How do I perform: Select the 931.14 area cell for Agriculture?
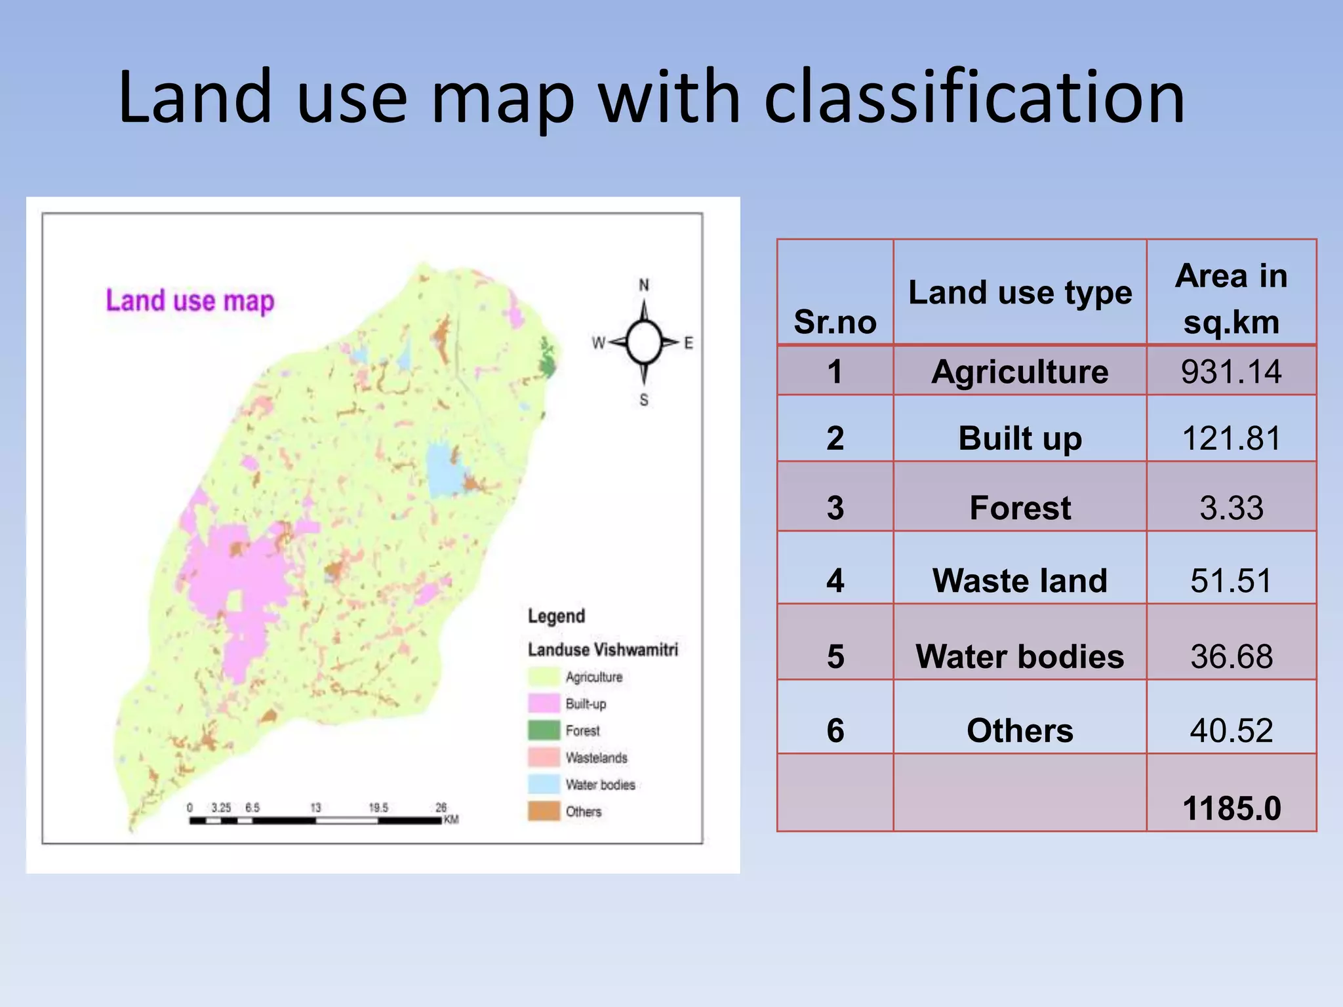click(1231, 372)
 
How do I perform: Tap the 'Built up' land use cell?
click(1020, 438)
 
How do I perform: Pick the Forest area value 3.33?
click(1231, 507)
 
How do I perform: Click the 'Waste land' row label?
click(1020, 580)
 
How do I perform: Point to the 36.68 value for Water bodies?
click(1231, 656)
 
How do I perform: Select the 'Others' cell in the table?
click(1020, 730)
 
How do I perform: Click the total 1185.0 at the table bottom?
click(1231, 808)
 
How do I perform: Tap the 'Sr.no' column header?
click(835, 321)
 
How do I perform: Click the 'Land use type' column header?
click(1020, 292)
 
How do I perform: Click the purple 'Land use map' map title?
click(190, 301)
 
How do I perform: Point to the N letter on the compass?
click(644, 285)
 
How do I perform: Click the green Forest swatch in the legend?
click(544, 730)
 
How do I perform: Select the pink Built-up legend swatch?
click(544, 703)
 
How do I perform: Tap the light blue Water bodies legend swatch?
click(544, 784)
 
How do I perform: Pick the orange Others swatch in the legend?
click(544, 811)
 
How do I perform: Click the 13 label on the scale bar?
click(315, 808)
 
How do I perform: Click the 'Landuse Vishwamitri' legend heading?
click(603, 650)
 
